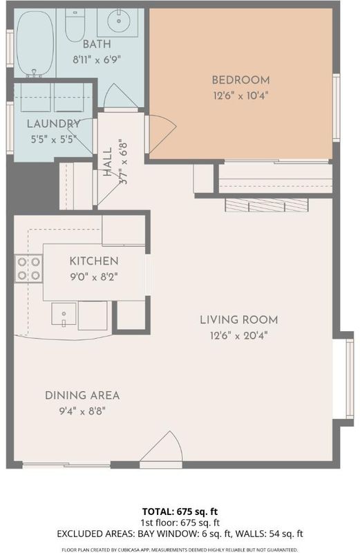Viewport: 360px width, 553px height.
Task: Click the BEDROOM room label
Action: pos(240,80)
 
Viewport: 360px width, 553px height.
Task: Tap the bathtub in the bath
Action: pos(35,44)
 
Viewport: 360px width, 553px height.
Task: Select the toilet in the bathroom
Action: pos(75,25)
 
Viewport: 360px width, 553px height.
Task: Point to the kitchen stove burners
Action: pos(29,269)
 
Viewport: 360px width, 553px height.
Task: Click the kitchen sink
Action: pos(64,314)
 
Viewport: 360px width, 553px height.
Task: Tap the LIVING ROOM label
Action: pos(238,320)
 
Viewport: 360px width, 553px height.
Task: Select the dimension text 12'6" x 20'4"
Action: pos(238,335)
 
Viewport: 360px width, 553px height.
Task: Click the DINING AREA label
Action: pos(82,395)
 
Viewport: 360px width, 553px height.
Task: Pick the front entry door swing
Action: pos(162,447)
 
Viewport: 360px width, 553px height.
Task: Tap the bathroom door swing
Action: pos(120,95)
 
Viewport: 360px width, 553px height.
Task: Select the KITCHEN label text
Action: pos(94,261)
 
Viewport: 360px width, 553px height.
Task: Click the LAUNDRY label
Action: pos(54,124)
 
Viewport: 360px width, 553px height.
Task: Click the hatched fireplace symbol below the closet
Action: pos(267,205)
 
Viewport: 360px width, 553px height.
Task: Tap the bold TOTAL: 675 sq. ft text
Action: pos(180,512)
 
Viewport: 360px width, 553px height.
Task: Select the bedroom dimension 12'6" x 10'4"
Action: pos(240,95)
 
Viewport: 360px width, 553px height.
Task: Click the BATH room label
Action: pos(97,44)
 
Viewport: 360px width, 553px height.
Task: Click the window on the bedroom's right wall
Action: pos(337,108)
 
